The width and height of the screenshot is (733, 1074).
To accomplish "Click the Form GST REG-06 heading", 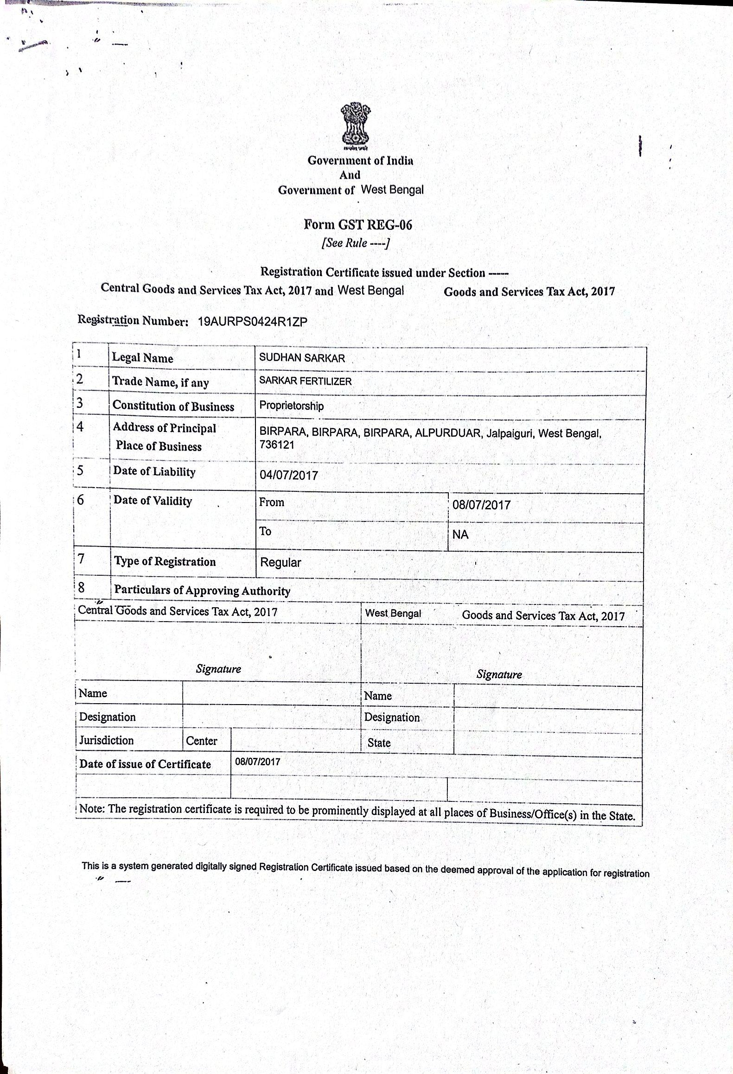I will click(357, 225).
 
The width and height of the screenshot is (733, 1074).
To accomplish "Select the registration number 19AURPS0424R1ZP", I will click(252, 322).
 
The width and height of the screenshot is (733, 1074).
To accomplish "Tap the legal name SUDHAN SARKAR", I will click(302, 358).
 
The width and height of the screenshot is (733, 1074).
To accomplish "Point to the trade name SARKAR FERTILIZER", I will click(305, 381).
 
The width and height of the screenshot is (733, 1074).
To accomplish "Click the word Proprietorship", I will click(291, 406).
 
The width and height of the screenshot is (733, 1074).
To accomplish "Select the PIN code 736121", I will click(277, 445).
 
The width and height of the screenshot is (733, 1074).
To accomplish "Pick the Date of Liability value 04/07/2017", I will click(288, 475).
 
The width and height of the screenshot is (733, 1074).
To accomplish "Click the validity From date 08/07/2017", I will click(481, 505).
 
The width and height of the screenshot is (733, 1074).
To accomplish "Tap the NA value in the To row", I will click(460, 534).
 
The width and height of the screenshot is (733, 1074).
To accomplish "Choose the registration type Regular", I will click(280, 563).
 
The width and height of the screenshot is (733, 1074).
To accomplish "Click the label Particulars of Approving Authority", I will click(202, 591).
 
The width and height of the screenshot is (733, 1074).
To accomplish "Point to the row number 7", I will click(81, 559).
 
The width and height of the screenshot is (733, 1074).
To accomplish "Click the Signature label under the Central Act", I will click(218, 668).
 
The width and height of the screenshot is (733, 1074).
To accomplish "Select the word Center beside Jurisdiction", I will click(201, 741).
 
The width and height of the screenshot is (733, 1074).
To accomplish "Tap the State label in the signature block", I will click(379, 743).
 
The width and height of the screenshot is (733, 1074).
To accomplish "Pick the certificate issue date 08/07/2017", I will click(257, 762).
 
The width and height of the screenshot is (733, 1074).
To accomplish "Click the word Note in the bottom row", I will click(92, 809).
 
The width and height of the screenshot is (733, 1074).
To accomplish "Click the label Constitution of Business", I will click(173, 406).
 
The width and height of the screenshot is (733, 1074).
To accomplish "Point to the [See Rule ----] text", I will click(356, 243).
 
